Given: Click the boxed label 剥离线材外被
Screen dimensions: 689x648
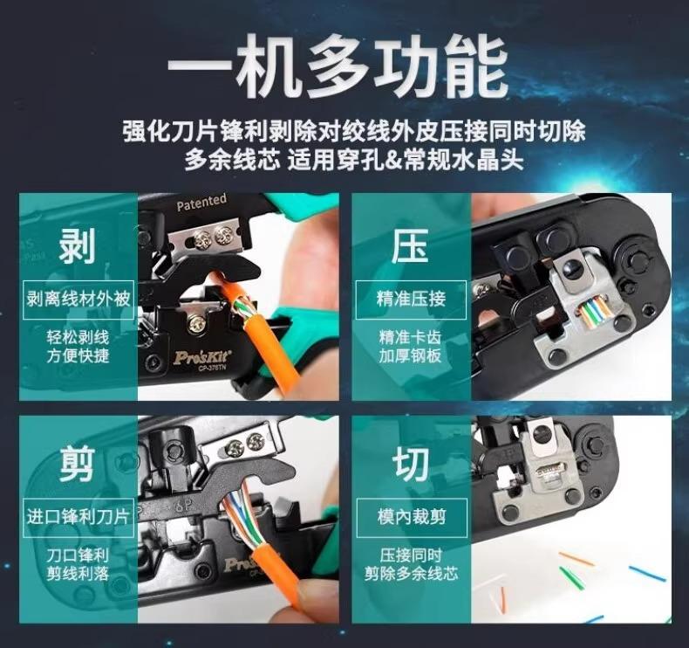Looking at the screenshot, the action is click(78, 300).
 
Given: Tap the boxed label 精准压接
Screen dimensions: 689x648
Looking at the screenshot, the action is click(411, 300).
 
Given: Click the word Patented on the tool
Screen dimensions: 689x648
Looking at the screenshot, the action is click(201, 202).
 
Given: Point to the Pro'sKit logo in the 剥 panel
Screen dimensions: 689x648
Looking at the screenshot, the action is click(201, 356).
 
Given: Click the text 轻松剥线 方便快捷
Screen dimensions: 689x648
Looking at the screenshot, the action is click(78, 347).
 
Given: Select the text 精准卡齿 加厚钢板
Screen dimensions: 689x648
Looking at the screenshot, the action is click(411, 347).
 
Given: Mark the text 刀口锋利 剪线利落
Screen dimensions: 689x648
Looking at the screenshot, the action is click(78, 564).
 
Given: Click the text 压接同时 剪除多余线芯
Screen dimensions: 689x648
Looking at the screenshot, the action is click(412, 564).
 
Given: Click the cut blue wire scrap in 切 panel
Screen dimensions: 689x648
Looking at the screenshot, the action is click(648, 574).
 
